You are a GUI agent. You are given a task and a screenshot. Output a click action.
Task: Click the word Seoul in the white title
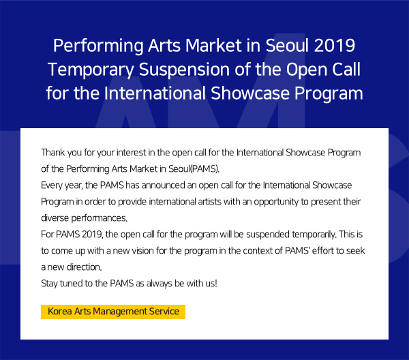pyautogui.click(x=287, y=46)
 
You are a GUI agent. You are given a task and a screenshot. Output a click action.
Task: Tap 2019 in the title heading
pyautogui.click(x=335, y=46)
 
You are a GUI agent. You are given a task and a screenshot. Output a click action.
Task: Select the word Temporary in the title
pyautogui.click(x=91, y=70)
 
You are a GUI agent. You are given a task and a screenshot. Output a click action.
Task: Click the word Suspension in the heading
pyautogui.click(x=184, y=70)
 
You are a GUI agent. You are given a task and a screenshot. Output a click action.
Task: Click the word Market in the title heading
pyautogui.click(x=213, y=46)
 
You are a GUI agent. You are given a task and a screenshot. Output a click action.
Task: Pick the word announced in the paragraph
pyautogui.click(x=163, y=185)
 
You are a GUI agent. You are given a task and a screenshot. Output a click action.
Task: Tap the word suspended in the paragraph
pyautogui.click(x=268, y=235)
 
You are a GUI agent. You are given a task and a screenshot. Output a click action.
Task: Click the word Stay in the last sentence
pyautogui.click(x=49, y=284)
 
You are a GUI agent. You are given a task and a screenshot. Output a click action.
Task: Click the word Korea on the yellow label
pyautogui.click(x=60, y=311)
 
